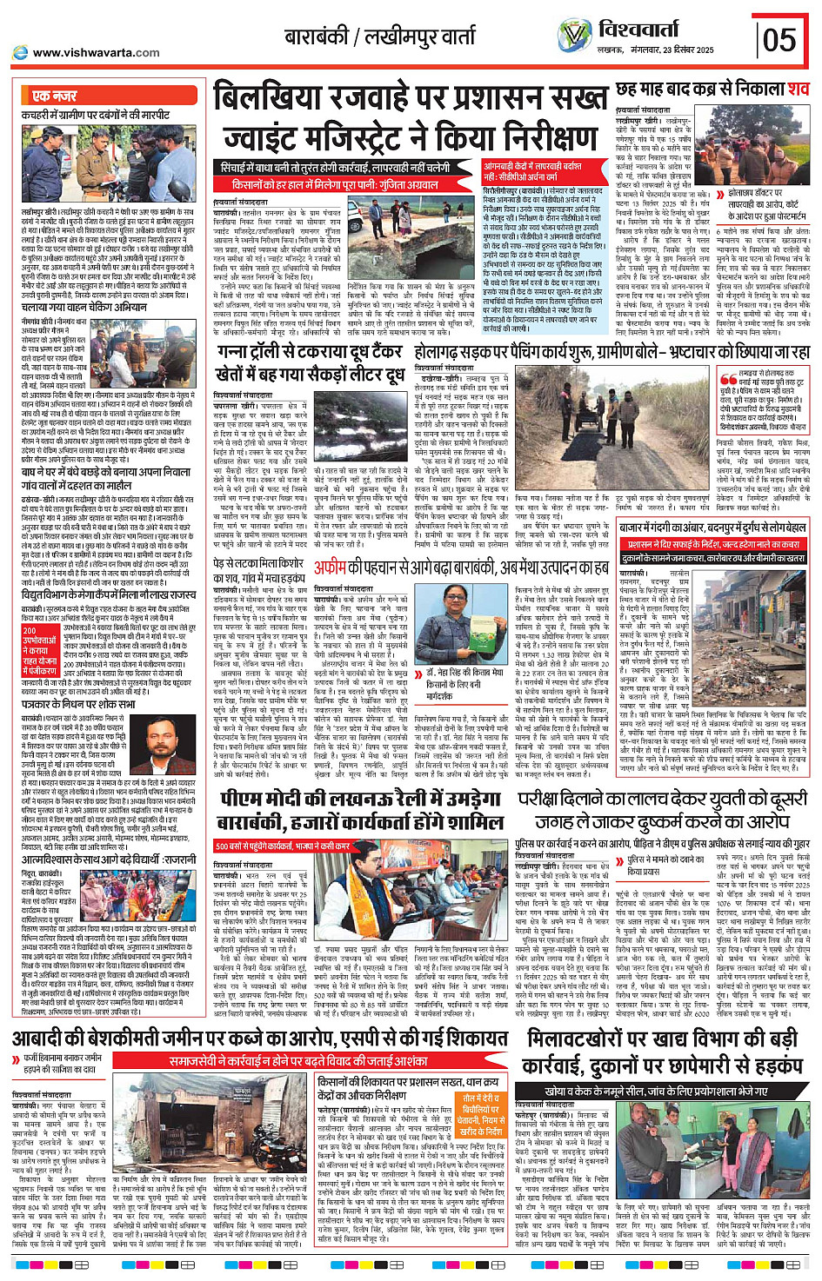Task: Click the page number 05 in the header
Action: click(779, 39)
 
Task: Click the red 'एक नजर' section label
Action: click(54, 96)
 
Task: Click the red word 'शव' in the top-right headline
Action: click(798, 90)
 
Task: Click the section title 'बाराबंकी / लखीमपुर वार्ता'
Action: click(380, 37)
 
